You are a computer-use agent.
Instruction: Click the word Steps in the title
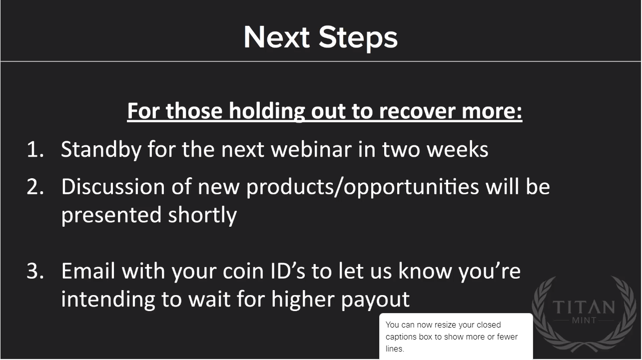click(358, 38)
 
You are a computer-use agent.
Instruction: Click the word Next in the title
click(277, 37)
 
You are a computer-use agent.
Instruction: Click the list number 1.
click(35, 149)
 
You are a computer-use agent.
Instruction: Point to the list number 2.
click(35, 186)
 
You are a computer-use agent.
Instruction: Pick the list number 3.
click(35, 271)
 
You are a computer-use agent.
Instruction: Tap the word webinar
click(311, 149)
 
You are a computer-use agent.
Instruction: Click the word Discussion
click(113, 186)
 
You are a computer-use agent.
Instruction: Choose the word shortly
click(202, 215)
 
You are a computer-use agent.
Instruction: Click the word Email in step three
click(88, 271)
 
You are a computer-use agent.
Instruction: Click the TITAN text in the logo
click(584, 307)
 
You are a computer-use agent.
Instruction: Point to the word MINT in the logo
click(585, 320)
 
